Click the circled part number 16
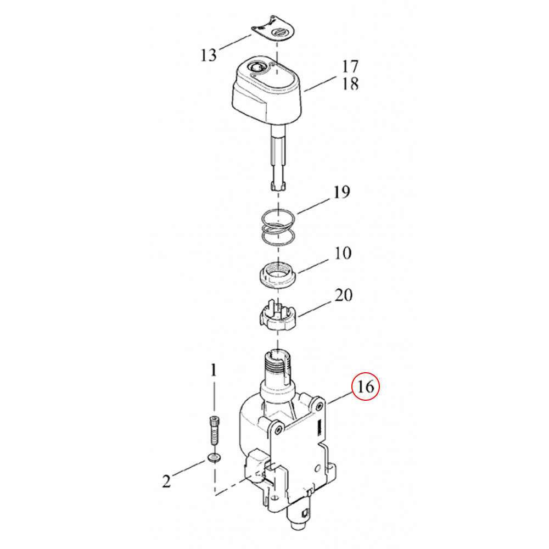coord(365,386)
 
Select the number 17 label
coord(350,66)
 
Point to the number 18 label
coord(350,83)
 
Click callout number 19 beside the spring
coord(341,192)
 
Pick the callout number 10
coord(343,253)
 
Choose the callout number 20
coord(343,295)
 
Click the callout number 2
coord(166,481)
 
